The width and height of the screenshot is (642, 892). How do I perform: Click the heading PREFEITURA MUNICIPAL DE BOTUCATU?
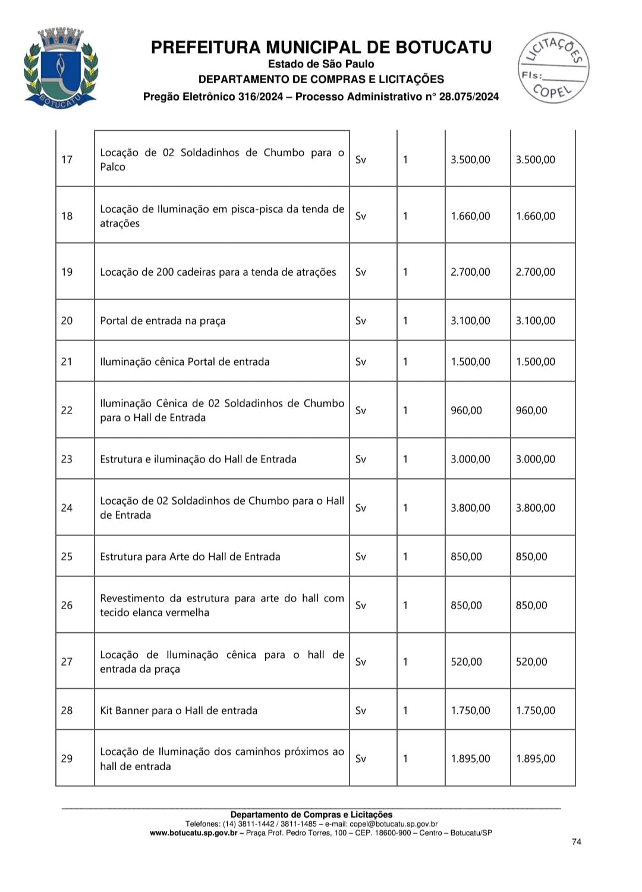click(x=321, y=48)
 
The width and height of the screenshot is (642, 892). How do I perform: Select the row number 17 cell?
click(x=67, y=159)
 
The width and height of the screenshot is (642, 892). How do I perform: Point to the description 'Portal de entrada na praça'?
click(x=163, y=321)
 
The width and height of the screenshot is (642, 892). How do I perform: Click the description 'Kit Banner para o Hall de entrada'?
click(x=179, y=711)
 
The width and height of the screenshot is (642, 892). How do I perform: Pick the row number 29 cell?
click(x=67, y=759)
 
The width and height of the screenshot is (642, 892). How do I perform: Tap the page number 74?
click(x=576, y=841)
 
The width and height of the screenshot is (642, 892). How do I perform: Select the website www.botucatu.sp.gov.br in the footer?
click(x=193, y=833)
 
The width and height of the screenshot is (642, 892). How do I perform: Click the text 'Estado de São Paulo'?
click(x=321, y=64)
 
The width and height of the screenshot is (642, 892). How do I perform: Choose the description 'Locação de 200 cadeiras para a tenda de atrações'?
click(x=218, y=272)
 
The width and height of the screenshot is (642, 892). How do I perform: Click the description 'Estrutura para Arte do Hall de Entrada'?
click(x=190, y=557)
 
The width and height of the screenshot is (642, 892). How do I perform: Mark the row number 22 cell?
click(x=67, y=411)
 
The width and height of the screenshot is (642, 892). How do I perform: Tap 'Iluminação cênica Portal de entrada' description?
click(x=185, y=362)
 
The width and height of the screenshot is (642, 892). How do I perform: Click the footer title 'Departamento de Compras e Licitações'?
click(x=311, y=815)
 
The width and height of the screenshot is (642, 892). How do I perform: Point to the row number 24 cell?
click(x=67, y=508)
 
